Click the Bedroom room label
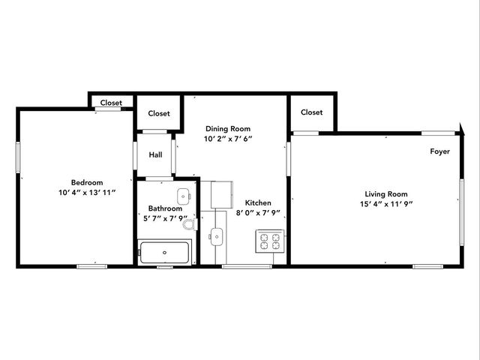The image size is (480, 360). click(87, 182)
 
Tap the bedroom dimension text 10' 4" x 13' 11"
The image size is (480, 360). click(87, 193)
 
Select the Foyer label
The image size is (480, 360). click(440, 151)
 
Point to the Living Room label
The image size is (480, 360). click(385, 193)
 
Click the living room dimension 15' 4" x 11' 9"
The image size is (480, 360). click(385, 204)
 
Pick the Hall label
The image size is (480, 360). click(155, 155)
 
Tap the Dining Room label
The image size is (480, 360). click(228, 128)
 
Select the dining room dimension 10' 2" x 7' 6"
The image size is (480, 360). click(228, 139)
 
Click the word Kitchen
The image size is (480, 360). click(258, 202)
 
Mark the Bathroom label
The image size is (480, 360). click(165, 208)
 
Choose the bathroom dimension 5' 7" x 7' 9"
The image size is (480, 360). click(165, 219)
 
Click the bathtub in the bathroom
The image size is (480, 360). click(165, 252)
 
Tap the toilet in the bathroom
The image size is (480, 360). click(188, 223)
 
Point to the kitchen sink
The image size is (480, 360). click(217, 237)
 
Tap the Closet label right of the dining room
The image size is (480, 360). click(312, 112)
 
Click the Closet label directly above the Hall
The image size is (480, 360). click(159, 114)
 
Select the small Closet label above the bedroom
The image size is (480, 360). click(112, 103)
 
